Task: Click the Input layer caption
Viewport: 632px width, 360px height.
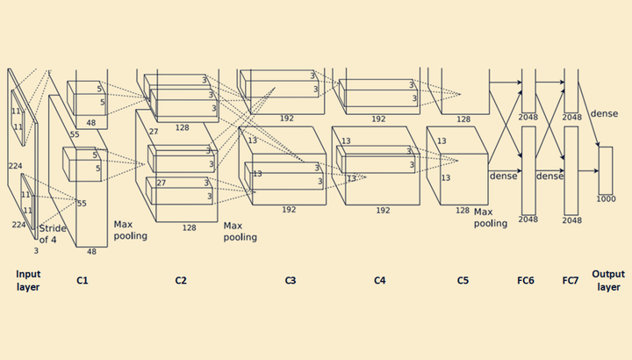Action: pos(28,281)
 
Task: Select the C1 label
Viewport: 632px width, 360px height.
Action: pos(83,281)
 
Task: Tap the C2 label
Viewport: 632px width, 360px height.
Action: pos(181,281)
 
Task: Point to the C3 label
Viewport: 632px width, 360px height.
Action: pos(291,281)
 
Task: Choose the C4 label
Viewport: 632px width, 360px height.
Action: pos(380,281)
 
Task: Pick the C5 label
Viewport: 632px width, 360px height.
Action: pos(463,281)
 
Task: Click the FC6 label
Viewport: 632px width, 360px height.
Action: pos(526,281)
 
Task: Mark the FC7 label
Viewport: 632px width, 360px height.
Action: pos(571,281)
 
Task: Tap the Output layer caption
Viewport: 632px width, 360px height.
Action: pos(608,281)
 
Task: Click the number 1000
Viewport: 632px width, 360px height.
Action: pos(606,198)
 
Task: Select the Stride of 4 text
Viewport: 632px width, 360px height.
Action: pos(53,234)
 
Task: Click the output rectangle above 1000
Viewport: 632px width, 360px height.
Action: pos(606,170)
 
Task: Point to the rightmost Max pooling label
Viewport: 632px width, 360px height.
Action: pos(490,218)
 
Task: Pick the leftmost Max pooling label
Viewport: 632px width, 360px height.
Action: pos(130,230)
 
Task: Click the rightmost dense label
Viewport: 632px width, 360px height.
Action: pos(604,113)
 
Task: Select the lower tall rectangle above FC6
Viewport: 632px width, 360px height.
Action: pos(528,170)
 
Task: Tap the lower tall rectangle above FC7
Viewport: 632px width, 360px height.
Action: pos(571,170)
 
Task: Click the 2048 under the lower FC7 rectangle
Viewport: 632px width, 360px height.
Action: pos(572,220)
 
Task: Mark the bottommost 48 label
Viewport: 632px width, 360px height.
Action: pos(91,251)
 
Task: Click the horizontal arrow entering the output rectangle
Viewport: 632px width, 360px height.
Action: pos(588,171)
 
